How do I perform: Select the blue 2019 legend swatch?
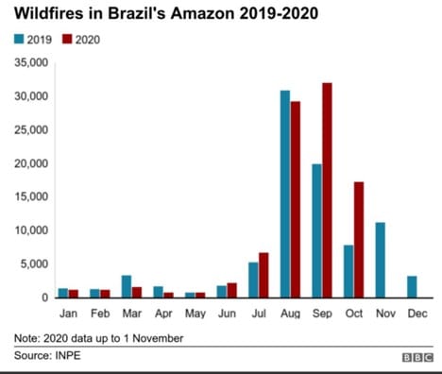coord(18,40)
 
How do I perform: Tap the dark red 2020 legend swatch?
coord(69,40)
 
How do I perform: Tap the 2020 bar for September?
coord(328,190)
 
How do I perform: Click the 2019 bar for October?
coord(348,271)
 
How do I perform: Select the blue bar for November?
coord(380,260)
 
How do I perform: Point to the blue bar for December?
coord(411,286)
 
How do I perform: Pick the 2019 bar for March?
coord(127,286)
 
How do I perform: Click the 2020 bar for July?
coord(263,275)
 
